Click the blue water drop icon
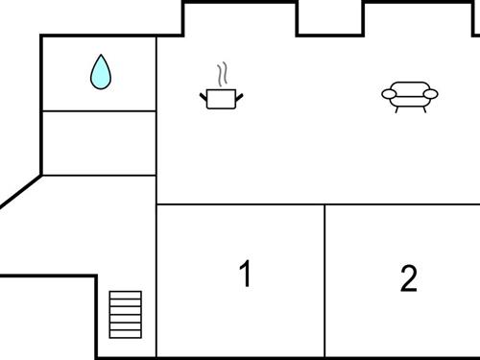click(100, 73)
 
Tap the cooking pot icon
click(222, 97)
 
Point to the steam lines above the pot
click(223, 74)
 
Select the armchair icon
click(409, 95)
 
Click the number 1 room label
click(246, 275)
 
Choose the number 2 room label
click(409, 279)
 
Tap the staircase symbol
click(125, 314)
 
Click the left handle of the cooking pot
click(204, 94)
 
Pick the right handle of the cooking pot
click(240, 94)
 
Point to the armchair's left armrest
click(388, 94)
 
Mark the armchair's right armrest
click(430, 94)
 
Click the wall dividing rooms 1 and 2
click(324, 278)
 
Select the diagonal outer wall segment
click(20, 191)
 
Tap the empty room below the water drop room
click(99, 143)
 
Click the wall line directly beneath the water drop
click(99, 111)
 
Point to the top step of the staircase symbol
click(125, 295)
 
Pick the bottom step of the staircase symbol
click(125, 333)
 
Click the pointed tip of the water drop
click(100, 56)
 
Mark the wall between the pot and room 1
click(240, 204)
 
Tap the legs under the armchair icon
click(409, 108)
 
